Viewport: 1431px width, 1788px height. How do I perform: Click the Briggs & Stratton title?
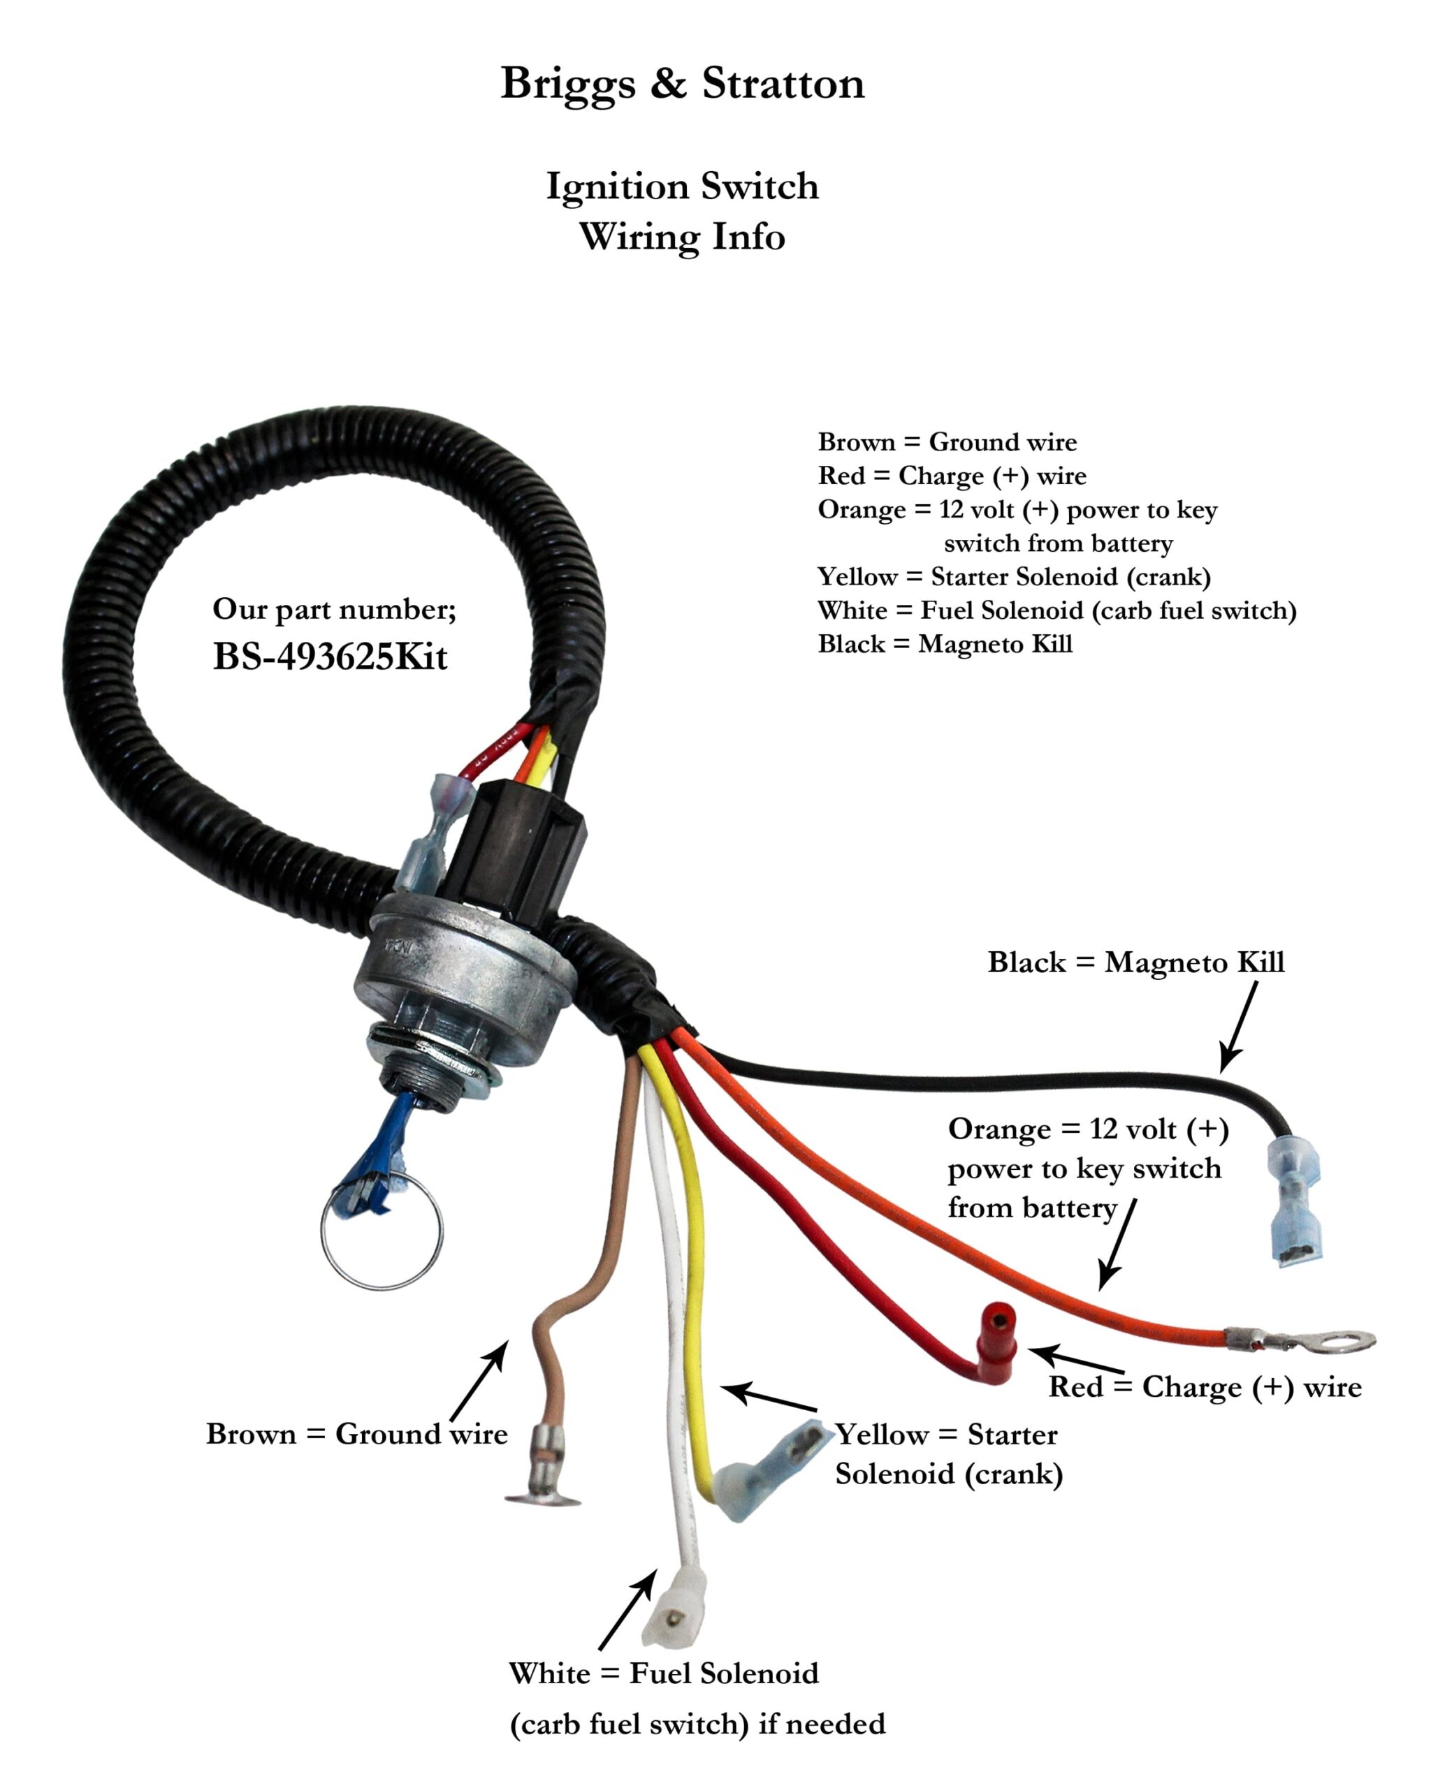[x=682, y=83]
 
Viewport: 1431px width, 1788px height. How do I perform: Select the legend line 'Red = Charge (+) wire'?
[x=952, y=476]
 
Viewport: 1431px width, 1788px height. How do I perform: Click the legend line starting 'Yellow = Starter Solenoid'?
[x=1014, y=576]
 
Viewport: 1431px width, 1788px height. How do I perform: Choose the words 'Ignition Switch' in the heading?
[x=682, y=186]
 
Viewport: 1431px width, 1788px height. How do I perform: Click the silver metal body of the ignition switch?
[x=465, y=979]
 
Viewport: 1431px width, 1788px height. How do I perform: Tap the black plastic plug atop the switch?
[x=514, y=846]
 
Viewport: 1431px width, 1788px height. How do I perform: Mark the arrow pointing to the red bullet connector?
[x=1077, y=1360]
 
